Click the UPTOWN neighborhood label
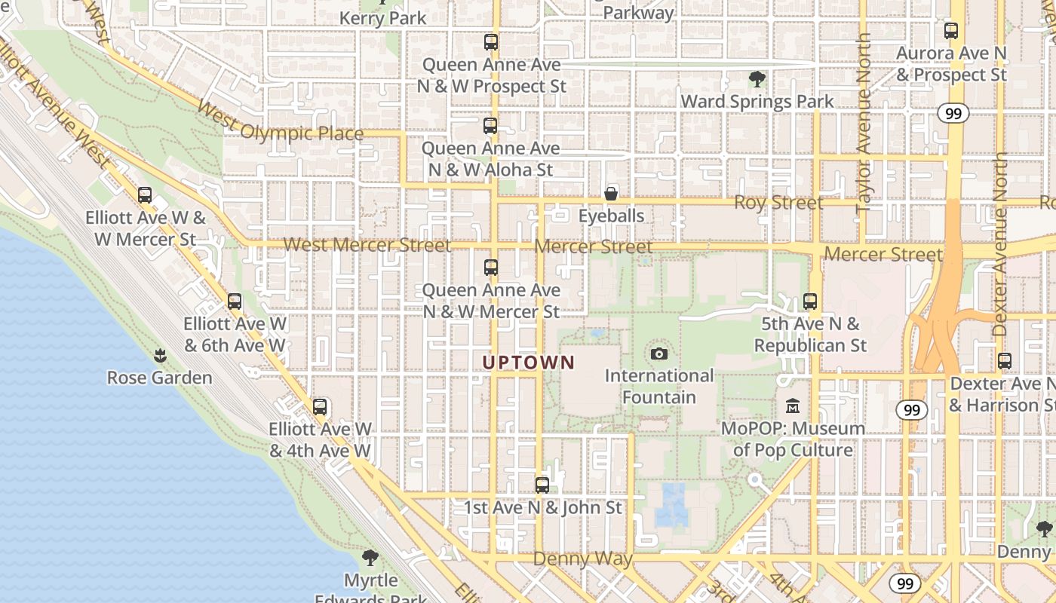528,363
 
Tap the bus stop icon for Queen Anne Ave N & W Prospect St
491,42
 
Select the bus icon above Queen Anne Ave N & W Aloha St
490,126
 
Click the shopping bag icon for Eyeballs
611,194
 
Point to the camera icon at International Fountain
659,354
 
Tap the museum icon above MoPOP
792,406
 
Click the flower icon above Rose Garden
160,355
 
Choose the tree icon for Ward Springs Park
757,79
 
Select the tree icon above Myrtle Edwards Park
370,558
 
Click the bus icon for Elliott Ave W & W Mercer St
145,195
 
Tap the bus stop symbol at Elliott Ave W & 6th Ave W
235,301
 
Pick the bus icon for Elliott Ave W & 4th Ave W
320,407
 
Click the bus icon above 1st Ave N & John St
542,485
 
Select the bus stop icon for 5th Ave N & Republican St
810,301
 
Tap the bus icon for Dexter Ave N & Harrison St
1004,361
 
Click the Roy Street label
778,202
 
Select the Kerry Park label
383,17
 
